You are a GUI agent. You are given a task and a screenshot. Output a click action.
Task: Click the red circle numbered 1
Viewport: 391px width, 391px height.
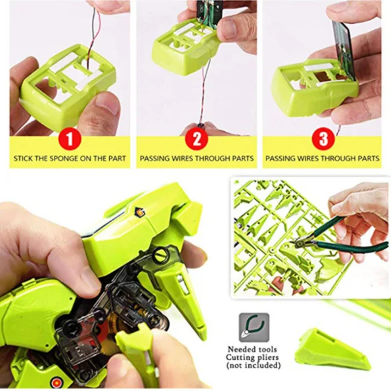coord(70,139)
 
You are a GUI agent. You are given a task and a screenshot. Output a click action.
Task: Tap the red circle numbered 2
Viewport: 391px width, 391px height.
coord(196,139)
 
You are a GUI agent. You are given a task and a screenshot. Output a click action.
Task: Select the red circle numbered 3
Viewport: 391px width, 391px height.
coord(323,139)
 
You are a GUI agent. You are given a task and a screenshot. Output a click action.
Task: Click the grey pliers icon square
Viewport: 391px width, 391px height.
coord(254,327)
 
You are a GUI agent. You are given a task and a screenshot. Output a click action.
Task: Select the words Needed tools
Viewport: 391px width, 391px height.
coord(252,349)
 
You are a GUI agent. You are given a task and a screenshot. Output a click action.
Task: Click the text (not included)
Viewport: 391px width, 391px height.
coord(253,365)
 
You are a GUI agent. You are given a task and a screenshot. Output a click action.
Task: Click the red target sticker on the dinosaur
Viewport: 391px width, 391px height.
coord(55,382)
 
